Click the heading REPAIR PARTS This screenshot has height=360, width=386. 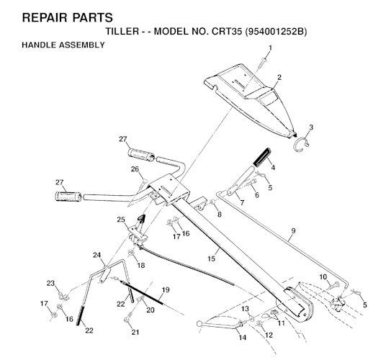tap(58, 16)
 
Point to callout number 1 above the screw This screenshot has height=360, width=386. tap(271, 48)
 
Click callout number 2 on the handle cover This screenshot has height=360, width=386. tap(279, 78)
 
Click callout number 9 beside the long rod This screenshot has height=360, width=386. tap(292, 232)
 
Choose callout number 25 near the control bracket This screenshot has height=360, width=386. tap(121, 220)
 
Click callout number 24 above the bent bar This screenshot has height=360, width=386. tap(96, 255)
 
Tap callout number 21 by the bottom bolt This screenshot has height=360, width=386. tap(134, 332)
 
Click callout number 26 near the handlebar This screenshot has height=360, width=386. tap(134, 169)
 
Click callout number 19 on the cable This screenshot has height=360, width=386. tap(165, 289)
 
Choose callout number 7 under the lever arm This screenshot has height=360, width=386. tap(241, 204)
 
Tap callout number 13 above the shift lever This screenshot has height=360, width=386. tap(245, 308)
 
